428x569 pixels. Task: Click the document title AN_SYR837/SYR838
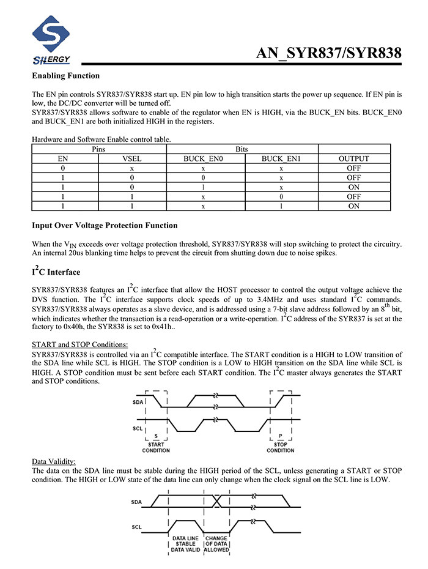[328, 54]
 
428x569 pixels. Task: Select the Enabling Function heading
[65, 76]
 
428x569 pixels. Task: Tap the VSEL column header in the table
[132, 158]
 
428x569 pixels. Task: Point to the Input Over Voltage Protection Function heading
[105, 225]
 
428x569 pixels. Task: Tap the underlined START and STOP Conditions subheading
[79, 345]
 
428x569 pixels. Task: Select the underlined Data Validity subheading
[54, 461]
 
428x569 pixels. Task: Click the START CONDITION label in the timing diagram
[156, 447]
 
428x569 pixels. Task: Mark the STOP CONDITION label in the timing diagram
[281, 447]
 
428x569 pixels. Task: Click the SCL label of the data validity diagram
[138, 526]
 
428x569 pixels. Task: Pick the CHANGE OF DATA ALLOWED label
[216, 545]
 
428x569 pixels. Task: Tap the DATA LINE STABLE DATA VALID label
[184, 545]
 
